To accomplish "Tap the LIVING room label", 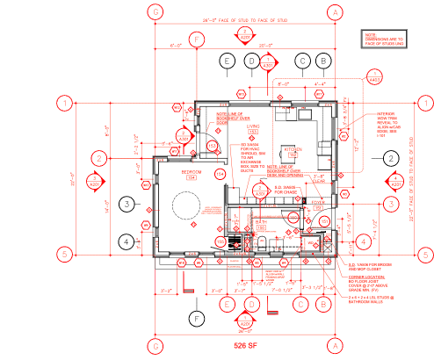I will click(x=251, y=127).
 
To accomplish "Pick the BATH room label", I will click(x=260, y=222).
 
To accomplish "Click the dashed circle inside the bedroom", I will click(x=186, y=208).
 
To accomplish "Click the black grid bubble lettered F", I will click(x=198, y=317).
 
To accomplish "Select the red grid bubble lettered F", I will click(x=198, y=40).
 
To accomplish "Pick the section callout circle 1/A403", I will click(x=375, y=76).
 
